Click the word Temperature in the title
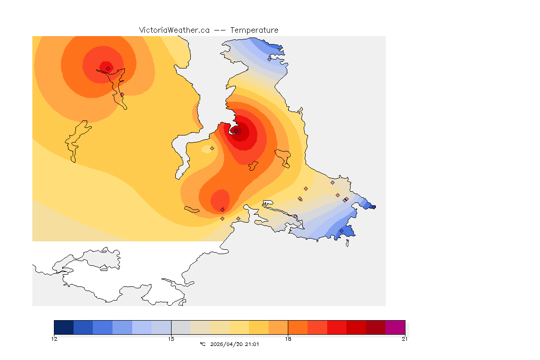coord(254,30)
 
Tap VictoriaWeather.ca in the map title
coord(174,30)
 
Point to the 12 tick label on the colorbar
coord(54,339)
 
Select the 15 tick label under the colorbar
coord(171,339)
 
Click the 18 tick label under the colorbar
coord(288,339)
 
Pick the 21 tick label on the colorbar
coord(405,339)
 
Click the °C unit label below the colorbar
coord(202,344)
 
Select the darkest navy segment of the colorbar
coord(64,327)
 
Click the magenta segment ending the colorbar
coord(395,327)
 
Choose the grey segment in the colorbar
coord(181,327)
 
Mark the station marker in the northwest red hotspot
coord(108,68)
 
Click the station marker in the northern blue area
coord(269,59)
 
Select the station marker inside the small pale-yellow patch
coord(212,148)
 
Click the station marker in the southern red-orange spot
coord(222,209)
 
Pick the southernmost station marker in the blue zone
coord(341,231)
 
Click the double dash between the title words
coord(220,30)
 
